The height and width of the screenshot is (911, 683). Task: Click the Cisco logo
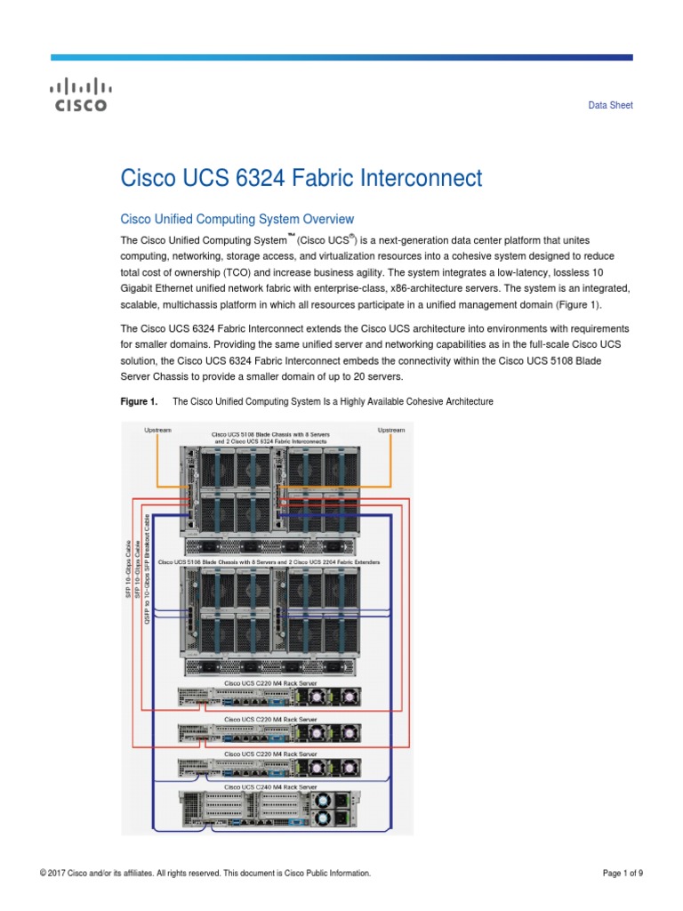80,95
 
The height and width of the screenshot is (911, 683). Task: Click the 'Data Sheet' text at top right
611,105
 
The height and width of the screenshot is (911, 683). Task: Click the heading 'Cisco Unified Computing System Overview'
237,219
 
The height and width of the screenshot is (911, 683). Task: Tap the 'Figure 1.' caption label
138,402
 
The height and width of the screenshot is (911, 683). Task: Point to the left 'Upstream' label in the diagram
157,430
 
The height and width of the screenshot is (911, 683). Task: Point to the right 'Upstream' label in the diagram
391,430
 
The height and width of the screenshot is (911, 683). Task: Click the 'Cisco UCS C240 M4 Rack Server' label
270,787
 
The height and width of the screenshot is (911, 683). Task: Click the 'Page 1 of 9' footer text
623,874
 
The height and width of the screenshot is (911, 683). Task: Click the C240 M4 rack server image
270,811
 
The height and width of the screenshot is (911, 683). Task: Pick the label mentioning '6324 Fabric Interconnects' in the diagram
270,441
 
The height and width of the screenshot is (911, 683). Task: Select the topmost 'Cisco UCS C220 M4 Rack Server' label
270,682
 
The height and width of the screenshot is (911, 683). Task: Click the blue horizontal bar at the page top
341,57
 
